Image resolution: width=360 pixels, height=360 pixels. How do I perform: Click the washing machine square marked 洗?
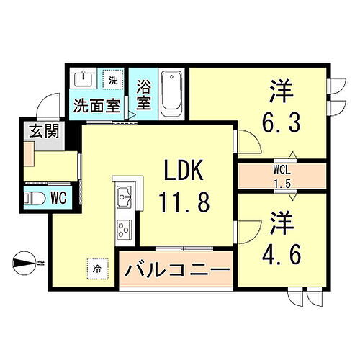[x=113, y=79]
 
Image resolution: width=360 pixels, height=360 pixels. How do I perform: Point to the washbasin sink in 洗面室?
[x=85, y=79]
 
